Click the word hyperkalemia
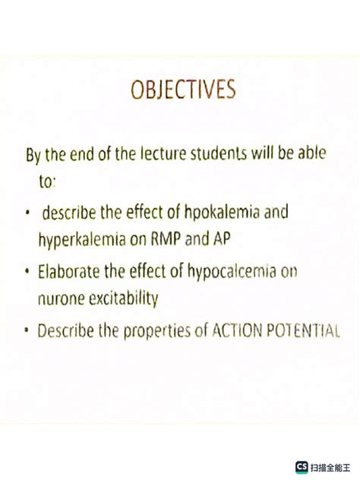75,239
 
